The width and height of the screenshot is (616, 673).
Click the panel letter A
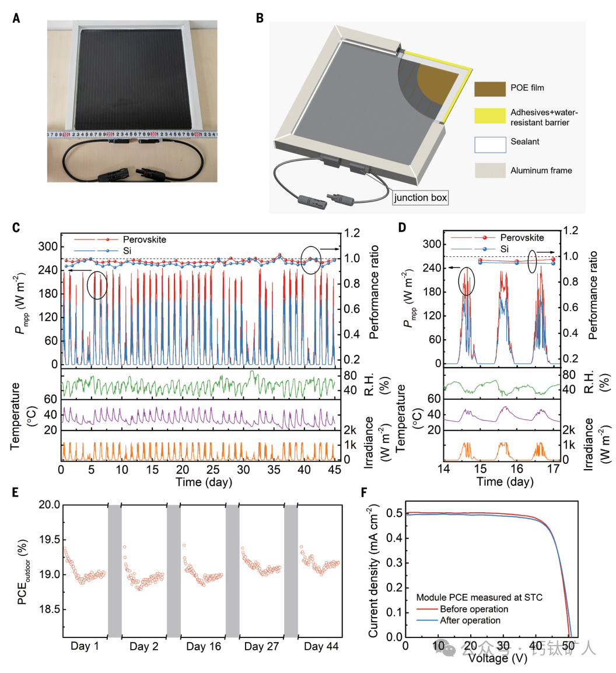16,18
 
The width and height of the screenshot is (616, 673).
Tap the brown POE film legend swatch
489,89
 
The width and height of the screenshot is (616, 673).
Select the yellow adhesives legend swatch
489,115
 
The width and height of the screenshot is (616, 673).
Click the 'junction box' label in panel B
421,198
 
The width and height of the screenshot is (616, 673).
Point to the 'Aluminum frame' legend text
541,171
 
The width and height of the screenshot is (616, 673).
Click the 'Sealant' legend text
526,142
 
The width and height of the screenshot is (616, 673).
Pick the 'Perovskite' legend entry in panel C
144,239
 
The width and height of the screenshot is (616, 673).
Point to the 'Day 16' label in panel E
203,647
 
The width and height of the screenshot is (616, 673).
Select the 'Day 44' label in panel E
321,647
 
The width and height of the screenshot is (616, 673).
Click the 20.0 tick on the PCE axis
49,505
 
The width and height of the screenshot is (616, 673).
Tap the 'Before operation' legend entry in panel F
474,609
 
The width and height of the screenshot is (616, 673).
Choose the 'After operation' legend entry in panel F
470,621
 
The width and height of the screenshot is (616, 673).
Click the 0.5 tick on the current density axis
395,513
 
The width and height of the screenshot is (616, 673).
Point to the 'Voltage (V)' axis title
498,658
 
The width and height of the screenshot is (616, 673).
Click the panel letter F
365,493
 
